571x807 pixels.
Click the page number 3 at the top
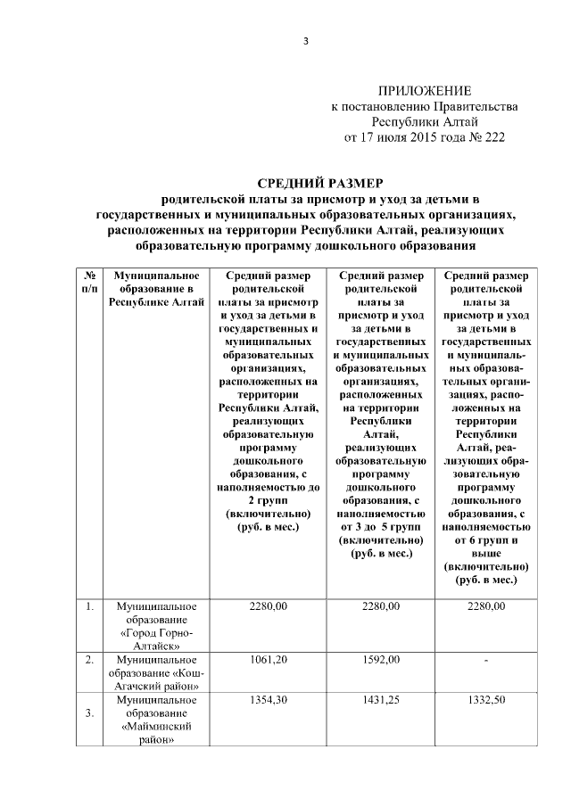305,43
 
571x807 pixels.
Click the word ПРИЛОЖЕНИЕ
425,91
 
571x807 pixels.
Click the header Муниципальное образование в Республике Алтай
157,289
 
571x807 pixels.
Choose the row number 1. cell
90,607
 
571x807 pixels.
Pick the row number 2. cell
90,661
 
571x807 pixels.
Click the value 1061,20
269,661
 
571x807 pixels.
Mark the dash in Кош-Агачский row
485,661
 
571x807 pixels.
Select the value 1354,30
269,700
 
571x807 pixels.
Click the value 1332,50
485,700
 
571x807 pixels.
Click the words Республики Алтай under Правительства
425,121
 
